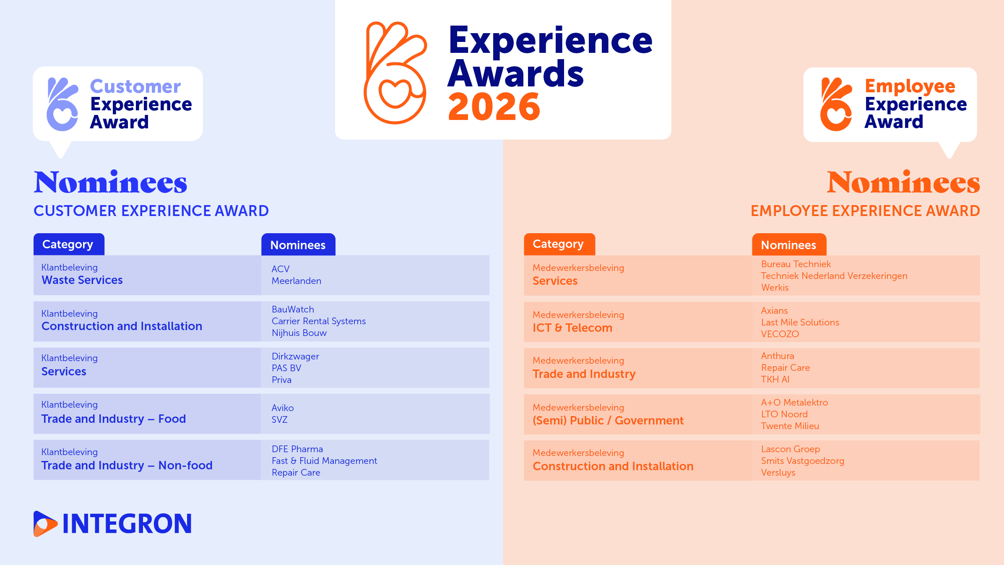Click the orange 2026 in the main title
click(494, 107)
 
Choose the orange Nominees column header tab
click(789, 245)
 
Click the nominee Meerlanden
click(297, 281)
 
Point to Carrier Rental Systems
click(319, 321)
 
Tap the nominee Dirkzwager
click(295, 357)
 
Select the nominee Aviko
click(283, 408)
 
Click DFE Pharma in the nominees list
click(297, 449)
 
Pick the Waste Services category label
click(82, 280)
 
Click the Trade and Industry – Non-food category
click(127, 466)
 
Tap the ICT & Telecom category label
click(572, 328)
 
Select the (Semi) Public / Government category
click(608, 421)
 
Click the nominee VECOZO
click(780, 334)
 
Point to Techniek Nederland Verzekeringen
click(834, 276)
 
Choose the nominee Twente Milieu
click(790, 426)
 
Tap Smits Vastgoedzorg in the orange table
click(803, 461)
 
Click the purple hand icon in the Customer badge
click(62, 104)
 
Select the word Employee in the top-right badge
click(910, 86)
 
